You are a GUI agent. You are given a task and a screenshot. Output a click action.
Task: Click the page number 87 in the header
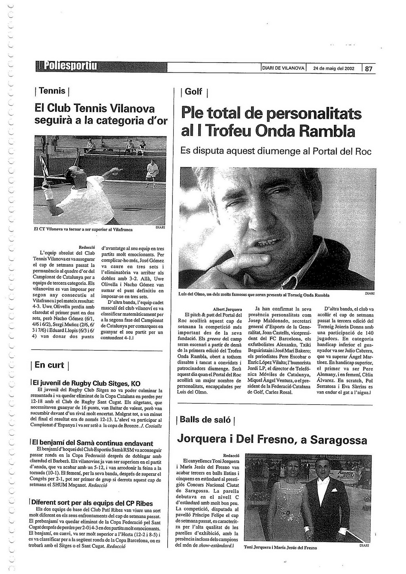point(369,69)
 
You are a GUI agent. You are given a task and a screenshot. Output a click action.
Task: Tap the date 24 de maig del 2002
point(333,69)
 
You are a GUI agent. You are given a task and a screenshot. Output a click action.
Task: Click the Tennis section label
point(52,91)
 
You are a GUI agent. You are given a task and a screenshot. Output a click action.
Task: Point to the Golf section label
point(194,92)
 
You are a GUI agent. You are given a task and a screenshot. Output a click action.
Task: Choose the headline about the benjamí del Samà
point(92,443)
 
